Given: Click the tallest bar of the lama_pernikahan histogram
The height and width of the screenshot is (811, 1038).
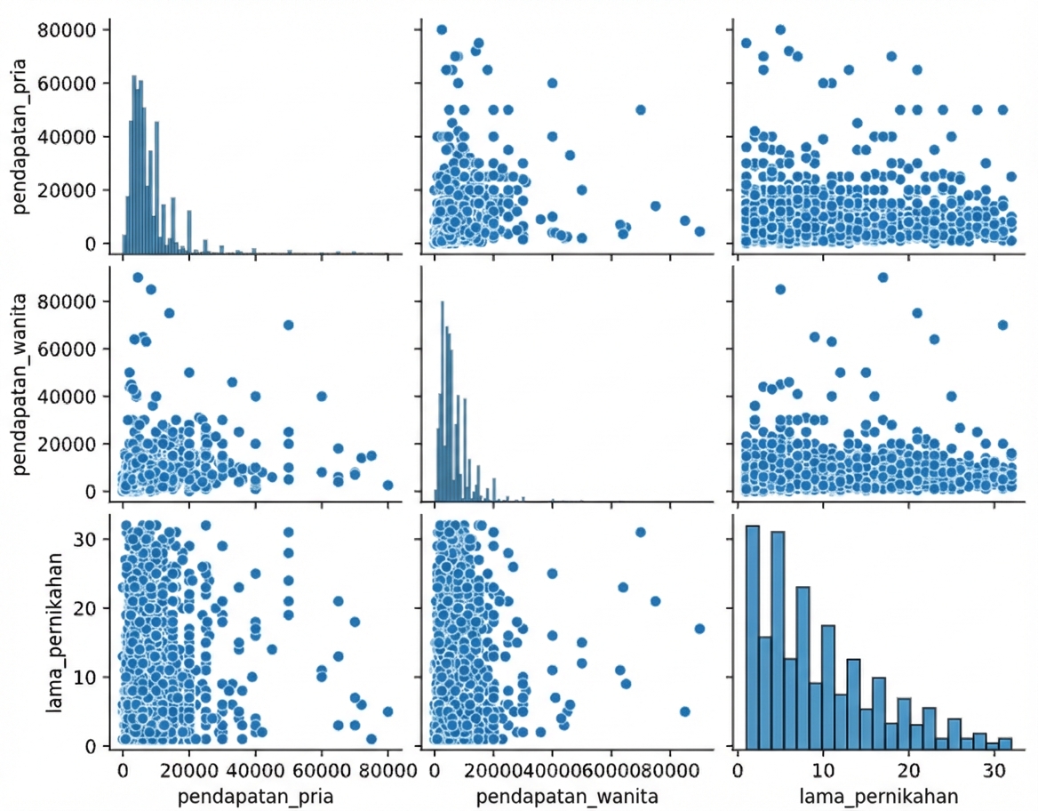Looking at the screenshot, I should pyautogui.click(x=752, y=635).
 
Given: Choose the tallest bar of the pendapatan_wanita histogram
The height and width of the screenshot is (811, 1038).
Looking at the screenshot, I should pyautogui.click(x=442, y=400).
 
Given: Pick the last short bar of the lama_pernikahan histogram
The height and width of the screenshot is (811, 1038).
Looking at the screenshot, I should pyautogui.click(x=1005, y=743).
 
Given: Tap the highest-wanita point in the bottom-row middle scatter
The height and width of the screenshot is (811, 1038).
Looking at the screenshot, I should pyautogui.click(x=699, y=629).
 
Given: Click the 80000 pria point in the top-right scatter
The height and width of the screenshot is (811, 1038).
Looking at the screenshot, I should pyautogui.click(x=780, y=29).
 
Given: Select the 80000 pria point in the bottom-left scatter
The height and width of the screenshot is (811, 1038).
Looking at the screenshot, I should pyautogui.click(x=387, y=711).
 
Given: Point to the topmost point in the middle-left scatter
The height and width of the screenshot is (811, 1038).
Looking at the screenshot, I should pyautogui.click(x=138, y=277).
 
